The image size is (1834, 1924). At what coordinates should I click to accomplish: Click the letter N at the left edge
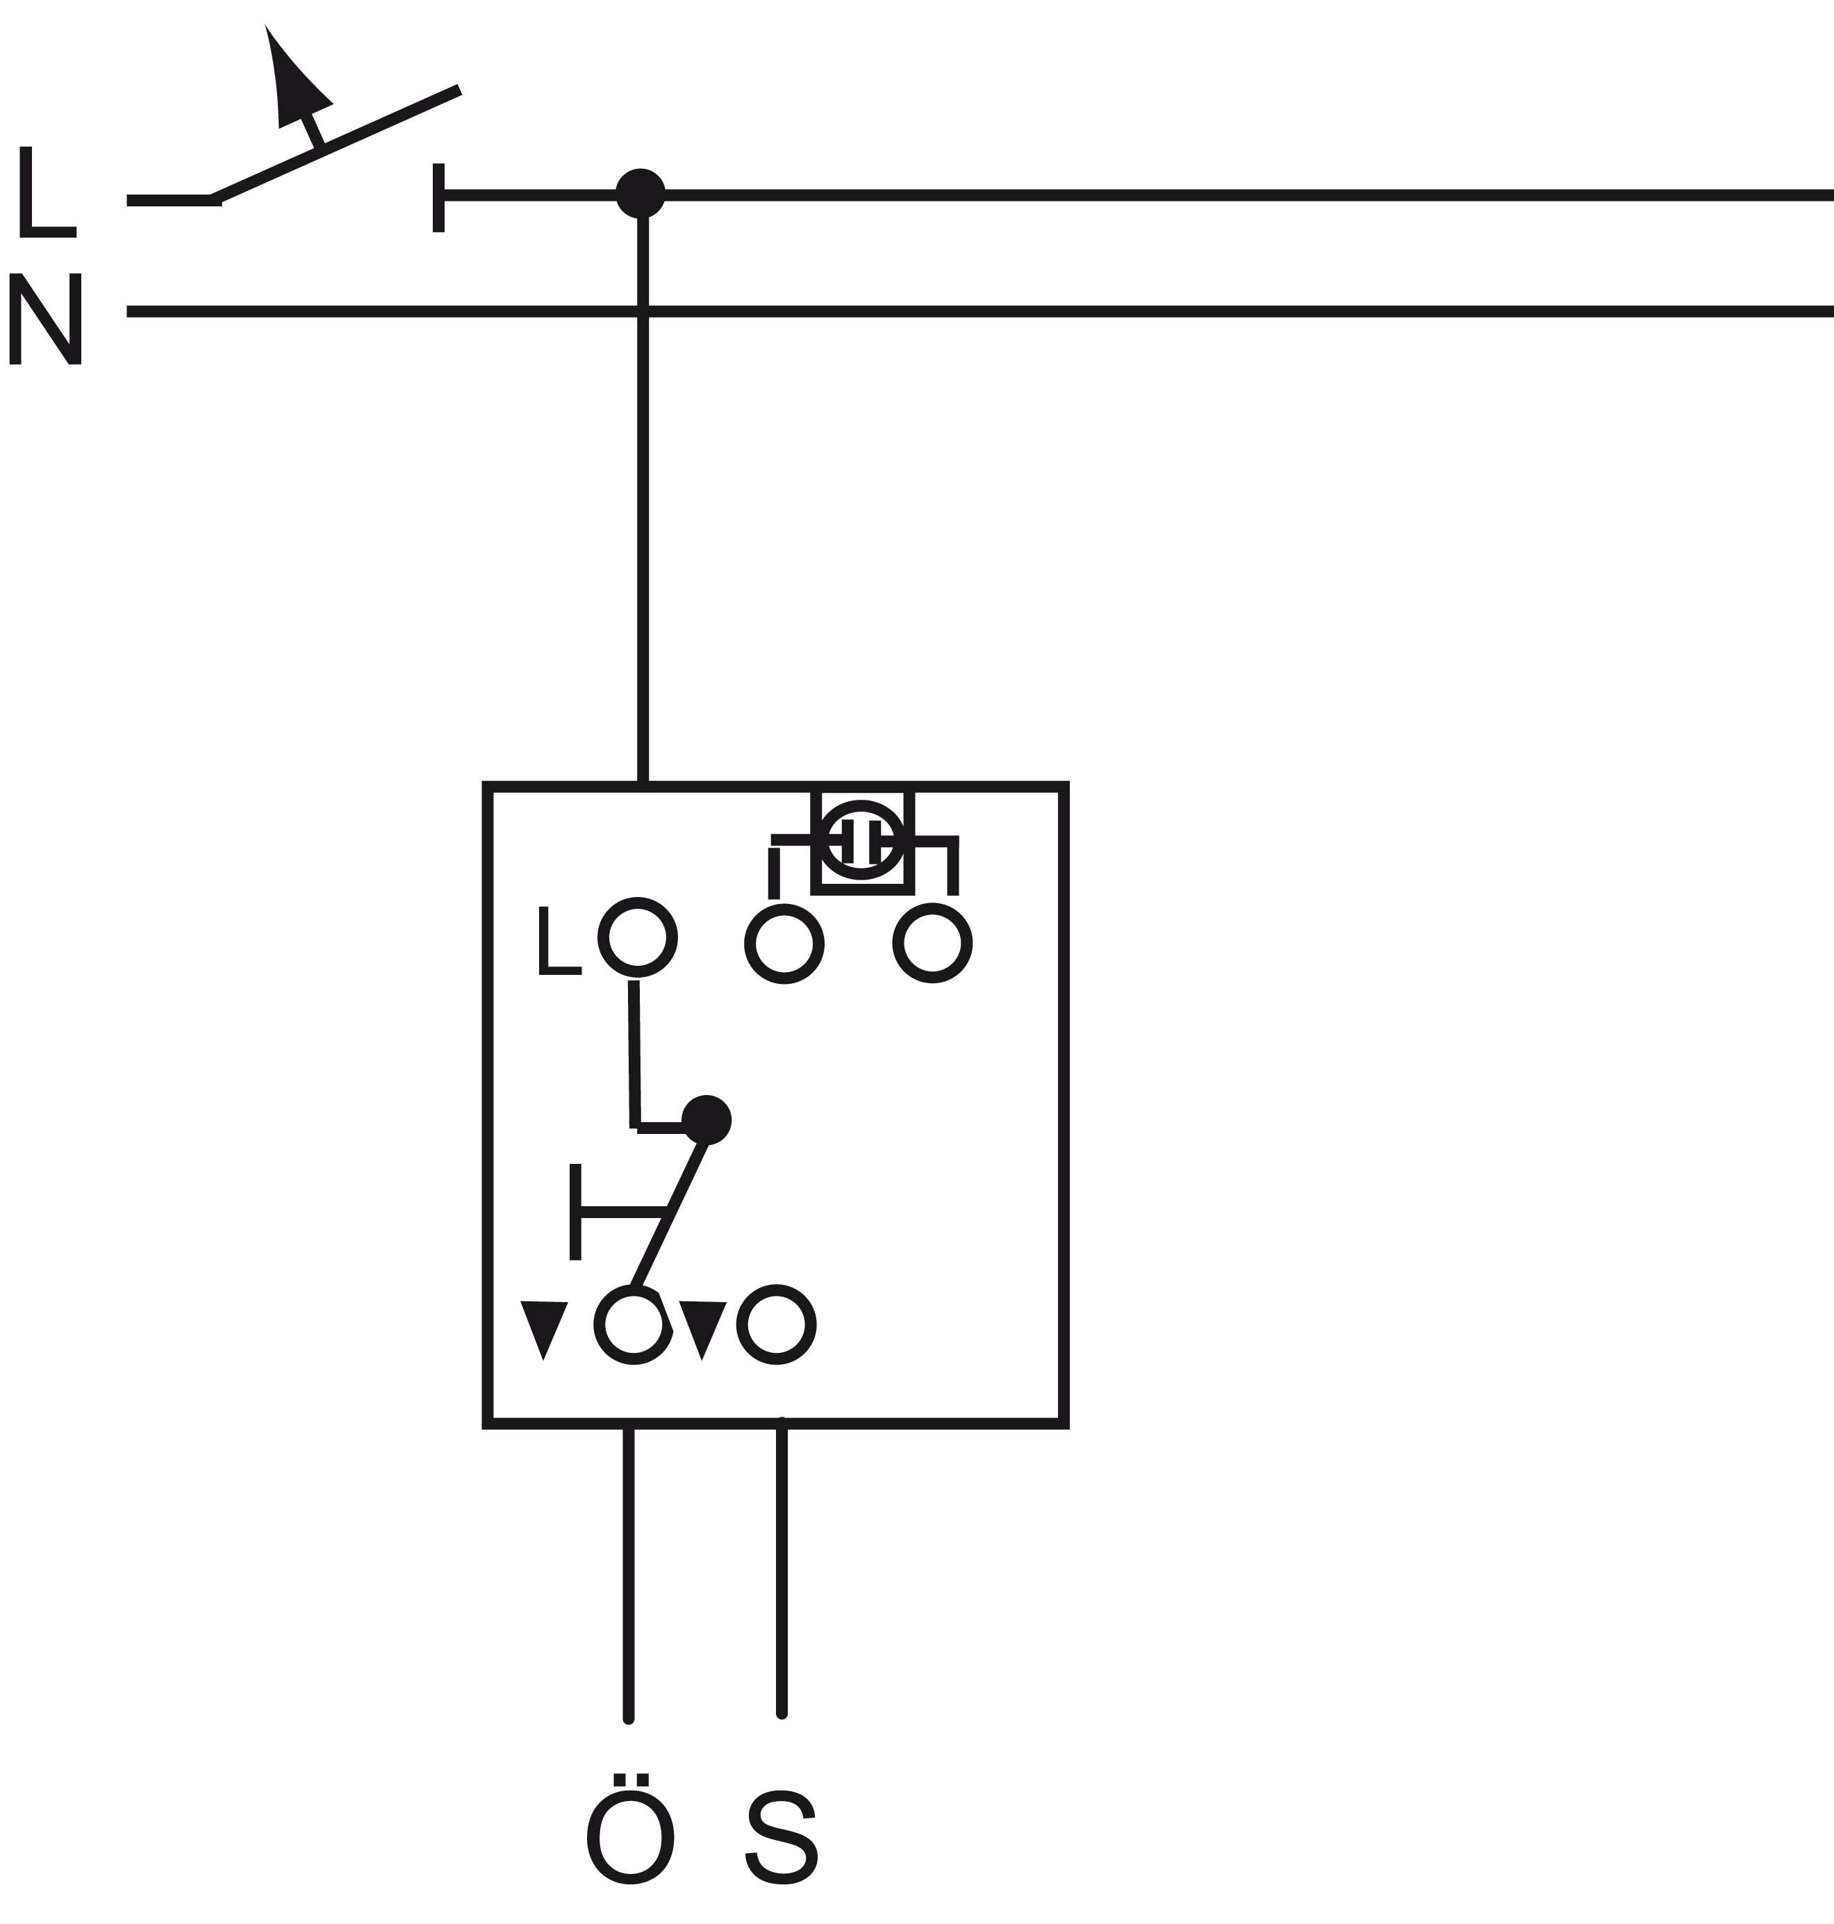[x=45, y=319]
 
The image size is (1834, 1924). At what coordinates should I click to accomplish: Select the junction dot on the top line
[x=641, y=194]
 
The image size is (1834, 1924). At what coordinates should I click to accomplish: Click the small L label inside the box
[x=559, y=941]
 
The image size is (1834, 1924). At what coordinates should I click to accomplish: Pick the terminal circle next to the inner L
[x=638, y=937]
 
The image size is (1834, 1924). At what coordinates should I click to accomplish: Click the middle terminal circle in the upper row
[x=784, y=944]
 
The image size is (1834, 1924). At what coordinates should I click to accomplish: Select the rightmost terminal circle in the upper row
[x=933, y=944]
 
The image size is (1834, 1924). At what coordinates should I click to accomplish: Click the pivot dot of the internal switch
[x=706, y=1120]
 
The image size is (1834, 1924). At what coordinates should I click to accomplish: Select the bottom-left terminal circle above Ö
[x=634, y=1326]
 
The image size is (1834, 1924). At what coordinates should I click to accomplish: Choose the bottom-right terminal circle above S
[x=776, y=1325]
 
